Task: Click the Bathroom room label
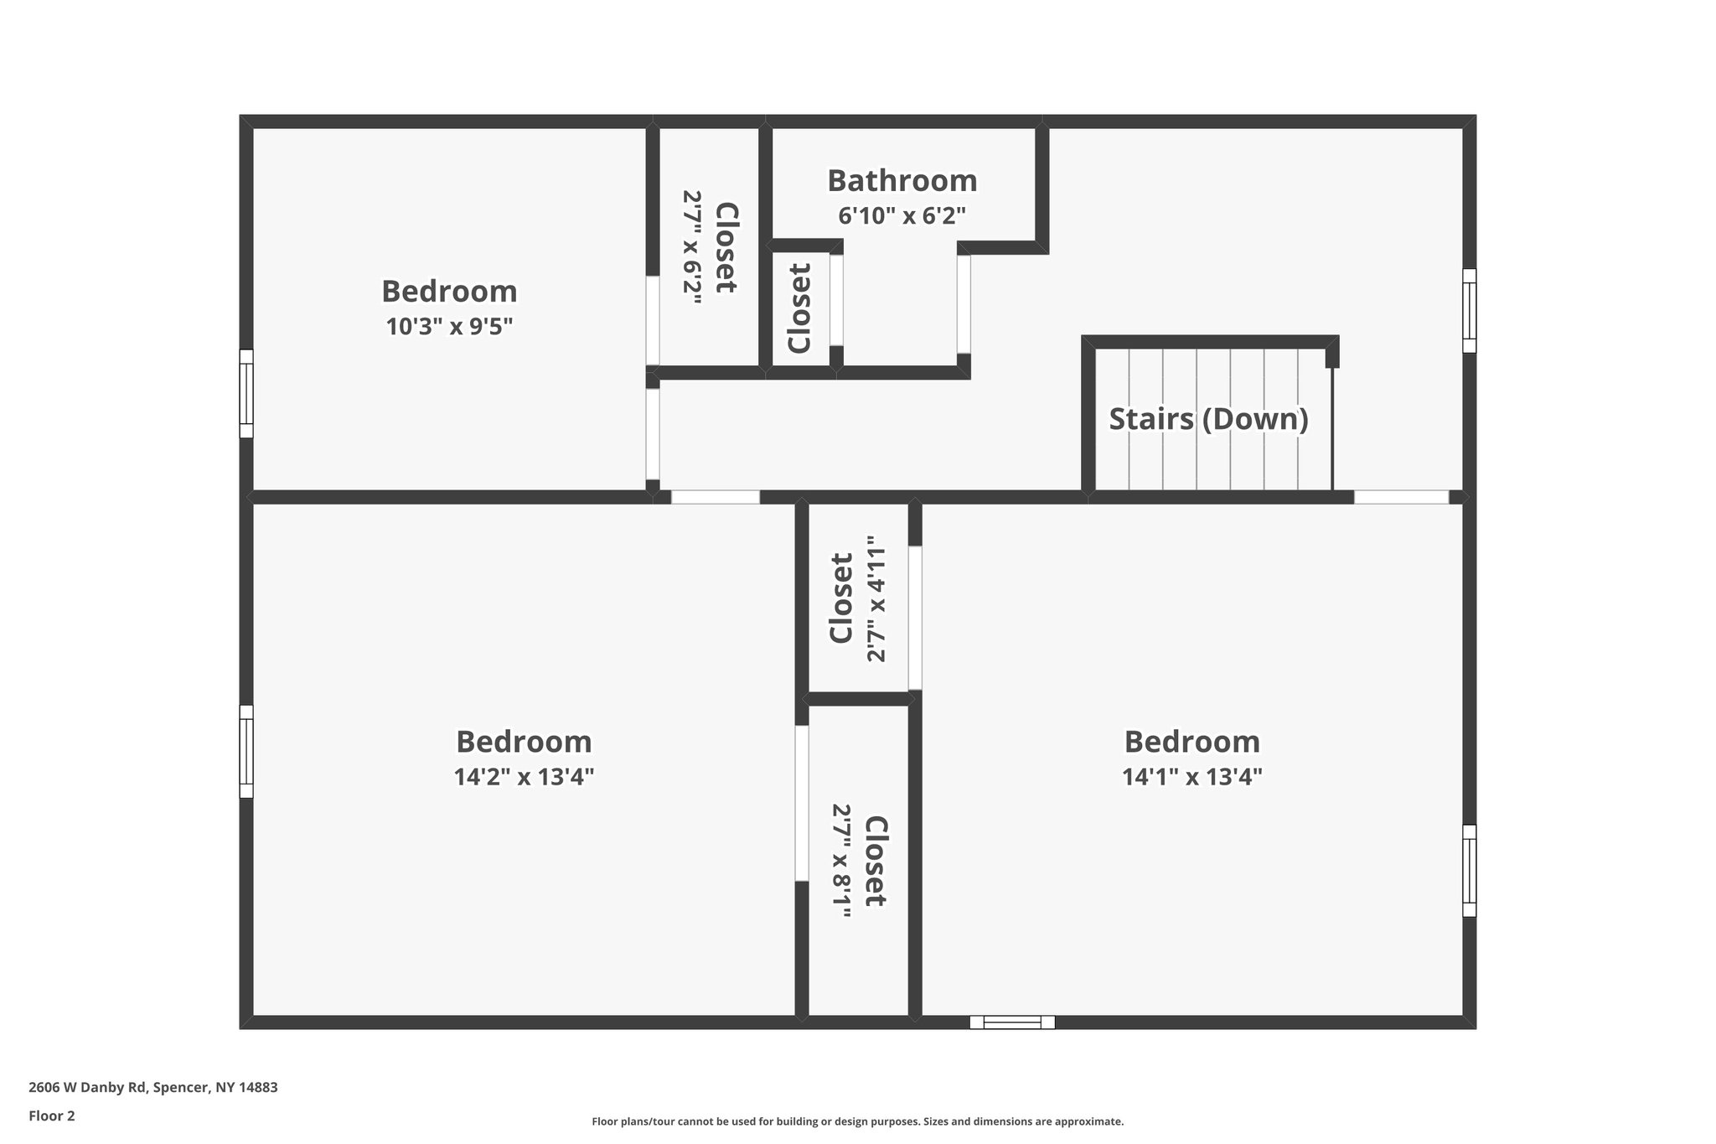(902, 181)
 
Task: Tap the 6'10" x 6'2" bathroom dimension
(902, 216)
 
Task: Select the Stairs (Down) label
(1208, 418)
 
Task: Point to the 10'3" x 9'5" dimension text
(449, 326)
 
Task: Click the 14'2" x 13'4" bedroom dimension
(524, 777)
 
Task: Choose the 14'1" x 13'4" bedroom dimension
(1191, 777)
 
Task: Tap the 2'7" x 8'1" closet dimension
(841, 861)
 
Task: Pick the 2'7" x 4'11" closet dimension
(876, 599)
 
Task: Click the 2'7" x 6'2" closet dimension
(692, 247)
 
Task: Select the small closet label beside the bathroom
(799, 308)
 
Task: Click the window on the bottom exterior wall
(1012, 1022)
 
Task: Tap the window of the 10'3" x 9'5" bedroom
(246, 393)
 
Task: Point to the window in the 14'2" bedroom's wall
(246, 751)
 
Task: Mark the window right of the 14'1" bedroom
(1469, 870)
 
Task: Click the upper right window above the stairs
(1469, 310)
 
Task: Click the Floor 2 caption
(52, 1116)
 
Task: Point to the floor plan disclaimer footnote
(857, 1121)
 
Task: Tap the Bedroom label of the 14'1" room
(1191, 742)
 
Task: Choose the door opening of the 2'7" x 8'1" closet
(802, 803)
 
